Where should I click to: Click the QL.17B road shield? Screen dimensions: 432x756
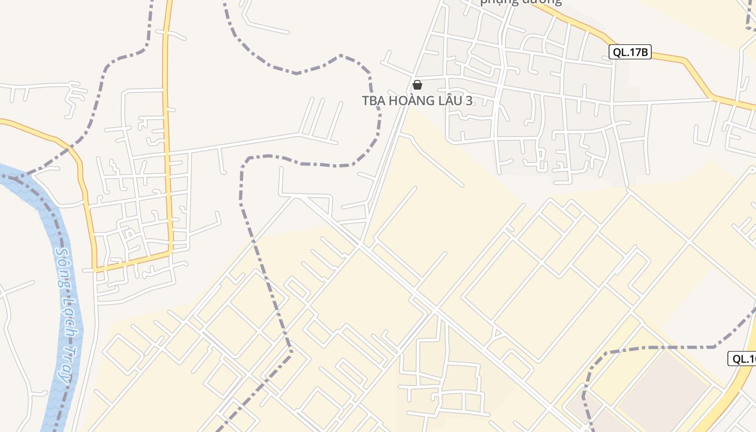(630, 52)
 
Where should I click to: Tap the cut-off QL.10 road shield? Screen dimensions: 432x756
(743, 359)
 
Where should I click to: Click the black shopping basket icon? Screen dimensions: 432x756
(417, 85)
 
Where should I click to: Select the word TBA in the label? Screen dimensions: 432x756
(373, 101)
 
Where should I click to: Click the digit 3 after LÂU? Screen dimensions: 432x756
(469, 101)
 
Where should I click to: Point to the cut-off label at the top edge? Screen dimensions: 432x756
(521, 2)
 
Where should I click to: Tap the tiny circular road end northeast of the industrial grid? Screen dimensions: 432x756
(752, 170)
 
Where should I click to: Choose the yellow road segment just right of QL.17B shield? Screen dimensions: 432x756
(670, 56)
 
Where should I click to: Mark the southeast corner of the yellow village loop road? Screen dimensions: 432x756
(171, 252)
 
